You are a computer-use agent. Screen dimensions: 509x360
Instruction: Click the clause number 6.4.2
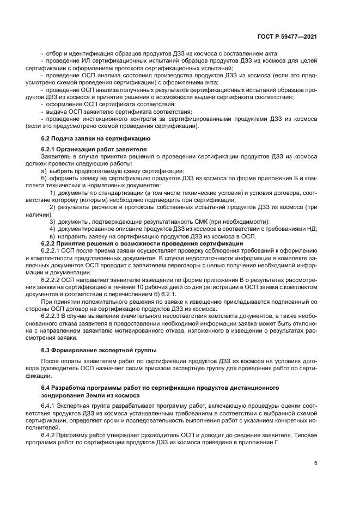coord(49,435)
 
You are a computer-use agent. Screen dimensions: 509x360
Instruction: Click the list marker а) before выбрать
coord(45,171)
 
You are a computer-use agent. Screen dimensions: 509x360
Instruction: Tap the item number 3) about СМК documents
coord(53,222)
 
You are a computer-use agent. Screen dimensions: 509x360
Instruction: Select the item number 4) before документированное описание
coord(53,229)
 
